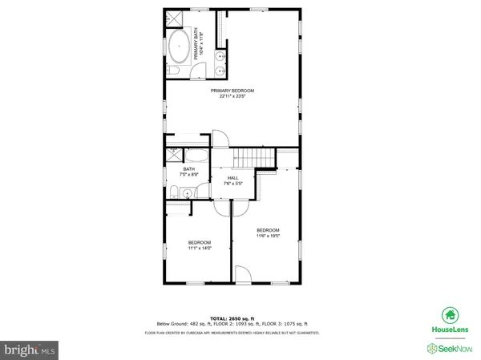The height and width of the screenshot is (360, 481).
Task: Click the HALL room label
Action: [233, 178]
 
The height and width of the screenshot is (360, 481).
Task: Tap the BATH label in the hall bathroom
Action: [189, 169]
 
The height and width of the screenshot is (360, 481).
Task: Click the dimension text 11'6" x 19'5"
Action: [268, 236]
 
